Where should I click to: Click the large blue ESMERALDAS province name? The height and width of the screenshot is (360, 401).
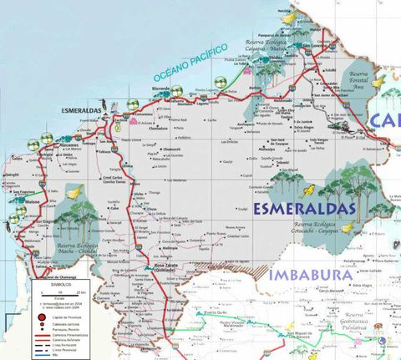click(x=306, y=208)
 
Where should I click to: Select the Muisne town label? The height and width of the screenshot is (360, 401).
click(x=33, y=201)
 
